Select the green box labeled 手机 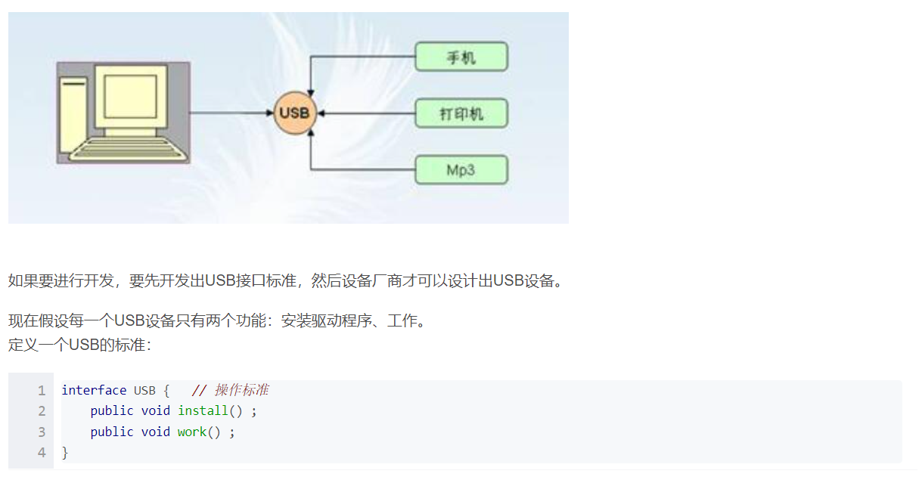tap(461, 57)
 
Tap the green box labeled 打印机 tap(461, 113)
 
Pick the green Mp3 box tap(461, 169)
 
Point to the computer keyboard tap(125, 150)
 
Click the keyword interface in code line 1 tap(94, 390)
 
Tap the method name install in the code tap(203, 411)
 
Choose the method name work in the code tap(192, 432)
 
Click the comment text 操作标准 tap(242, 390)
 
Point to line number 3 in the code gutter tap(42, 432)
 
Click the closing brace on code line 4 tap(65, 453)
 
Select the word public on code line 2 tap(112, 411)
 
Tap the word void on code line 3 tap(156, 432)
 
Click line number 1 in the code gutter tap(42, 390)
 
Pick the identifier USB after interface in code tap(144, 390)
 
